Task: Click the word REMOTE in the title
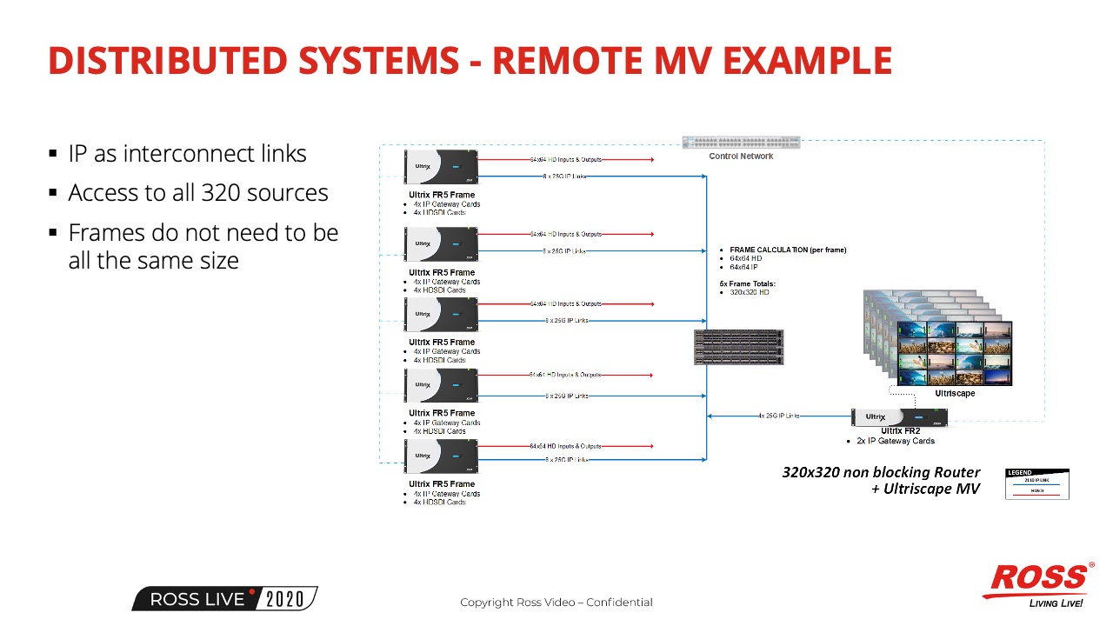tap(558, 61)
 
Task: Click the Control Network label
tap(741, 156)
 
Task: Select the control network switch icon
tap(741, 143)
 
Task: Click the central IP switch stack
tap(739, 347)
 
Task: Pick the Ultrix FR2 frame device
tap(899, 417)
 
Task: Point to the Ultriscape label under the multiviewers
tap(955, 394)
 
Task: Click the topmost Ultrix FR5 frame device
tap(441, 167)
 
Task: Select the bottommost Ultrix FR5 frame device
tap(441, 456)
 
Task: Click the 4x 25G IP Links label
tap(779, 416)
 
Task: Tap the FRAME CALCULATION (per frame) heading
tap(788, 250)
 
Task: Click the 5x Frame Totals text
tap(747, 284)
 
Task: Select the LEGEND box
tap(1037, 484)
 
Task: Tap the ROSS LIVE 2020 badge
tap(224, 599)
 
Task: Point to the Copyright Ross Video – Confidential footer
tap(556, 603)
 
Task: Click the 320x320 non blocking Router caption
tap(881, 473)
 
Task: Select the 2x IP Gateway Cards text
tap(896, 441)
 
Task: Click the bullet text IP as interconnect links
tap(188, 154)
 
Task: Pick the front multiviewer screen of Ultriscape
tap(955, 354)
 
